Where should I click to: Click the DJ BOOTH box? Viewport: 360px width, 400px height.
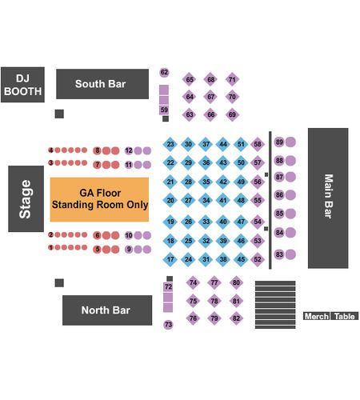tap(22, 85)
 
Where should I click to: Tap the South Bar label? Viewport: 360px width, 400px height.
tap(100, 84)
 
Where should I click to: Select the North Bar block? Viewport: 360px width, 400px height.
tap(107, 310)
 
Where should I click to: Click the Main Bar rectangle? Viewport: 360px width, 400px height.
tap(328, 198)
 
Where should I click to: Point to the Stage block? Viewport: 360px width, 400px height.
tap(26, 198)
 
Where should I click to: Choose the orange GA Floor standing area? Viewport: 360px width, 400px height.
tap(99, 199)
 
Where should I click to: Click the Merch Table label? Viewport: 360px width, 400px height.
tap(330, 316)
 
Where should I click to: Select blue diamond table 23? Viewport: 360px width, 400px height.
tap(170, 144)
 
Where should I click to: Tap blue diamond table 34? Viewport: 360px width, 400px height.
tap(206, 200)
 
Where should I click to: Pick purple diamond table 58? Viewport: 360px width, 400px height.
tap(258, 144)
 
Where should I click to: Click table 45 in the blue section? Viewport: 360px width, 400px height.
tap(241, 259)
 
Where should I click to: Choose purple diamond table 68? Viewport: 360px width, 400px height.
tap(210, 79)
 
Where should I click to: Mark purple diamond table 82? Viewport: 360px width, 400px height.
tap(236, 318)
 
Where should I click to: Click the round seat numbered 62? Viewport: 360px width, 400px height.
tap(164, 72)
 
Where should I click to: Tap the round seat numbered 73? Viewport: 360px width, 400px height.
tap(168, 325)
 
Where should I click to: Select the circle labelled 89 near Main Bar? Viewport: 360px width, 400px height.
tap(279, 142)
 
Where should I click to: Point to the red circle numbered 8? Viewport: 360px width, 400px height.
tap(97, 150)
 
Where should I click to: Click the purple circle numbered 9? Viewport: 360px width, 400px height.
tap(129, 249)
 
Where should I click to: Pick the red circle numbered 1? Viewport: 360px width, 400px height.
tap(50, 247)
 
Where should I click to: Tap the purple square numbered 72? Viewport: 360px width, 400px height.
tap(168, 287)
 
